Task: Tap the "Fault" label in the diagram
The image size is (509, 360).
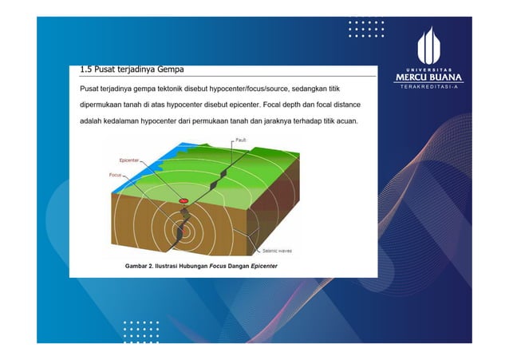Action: point(241,140)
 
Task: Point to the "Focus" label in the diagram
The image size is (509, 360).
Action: point(115,174)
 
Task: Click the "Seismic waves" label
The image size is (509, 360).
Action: point(277,250)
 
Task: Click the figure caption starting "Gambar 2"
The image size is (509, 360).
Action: point(195,266)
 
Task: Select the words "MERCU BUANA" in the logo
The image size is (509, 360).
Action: point(428,77)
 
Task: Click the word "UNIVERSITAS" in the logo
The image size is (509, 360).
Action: point(428,69)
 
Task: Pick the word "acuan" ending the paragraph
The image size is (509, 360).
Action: point(345,121)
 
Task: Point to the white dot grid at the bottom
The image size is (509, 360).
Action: point(141,330)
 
